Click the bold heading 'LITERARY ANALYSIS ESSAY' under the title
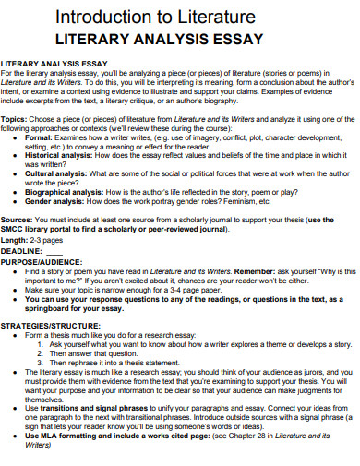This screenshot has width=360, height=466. [161, 39]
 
